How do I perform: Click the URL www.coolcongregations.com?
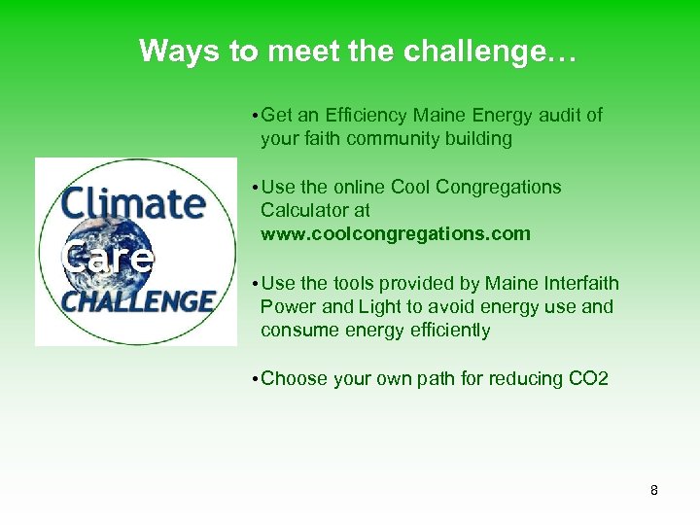pyautogui.click(x=396, y=233)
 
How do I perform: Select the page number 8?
pyautogui.click(x=654, y=490)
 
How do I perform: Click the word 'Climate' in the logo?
pyautogui.click(x=132, y=203)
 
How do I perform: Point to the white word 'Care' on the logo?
pyautogui.click(x=106, y=258)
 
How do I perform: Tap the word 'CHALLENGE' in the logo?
pyautogui.click(x=136, y=300)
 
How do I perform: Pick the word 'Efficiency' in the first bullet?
pyautogui.click(x=373, y=115)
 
